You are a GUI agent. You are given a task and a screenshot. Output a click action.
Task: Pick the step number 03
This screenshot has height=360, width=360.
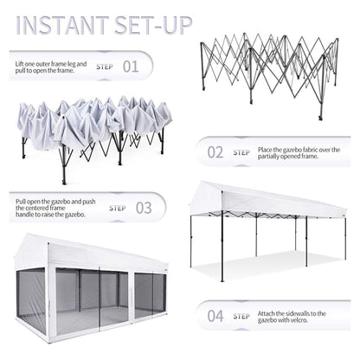coord(144,208)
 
